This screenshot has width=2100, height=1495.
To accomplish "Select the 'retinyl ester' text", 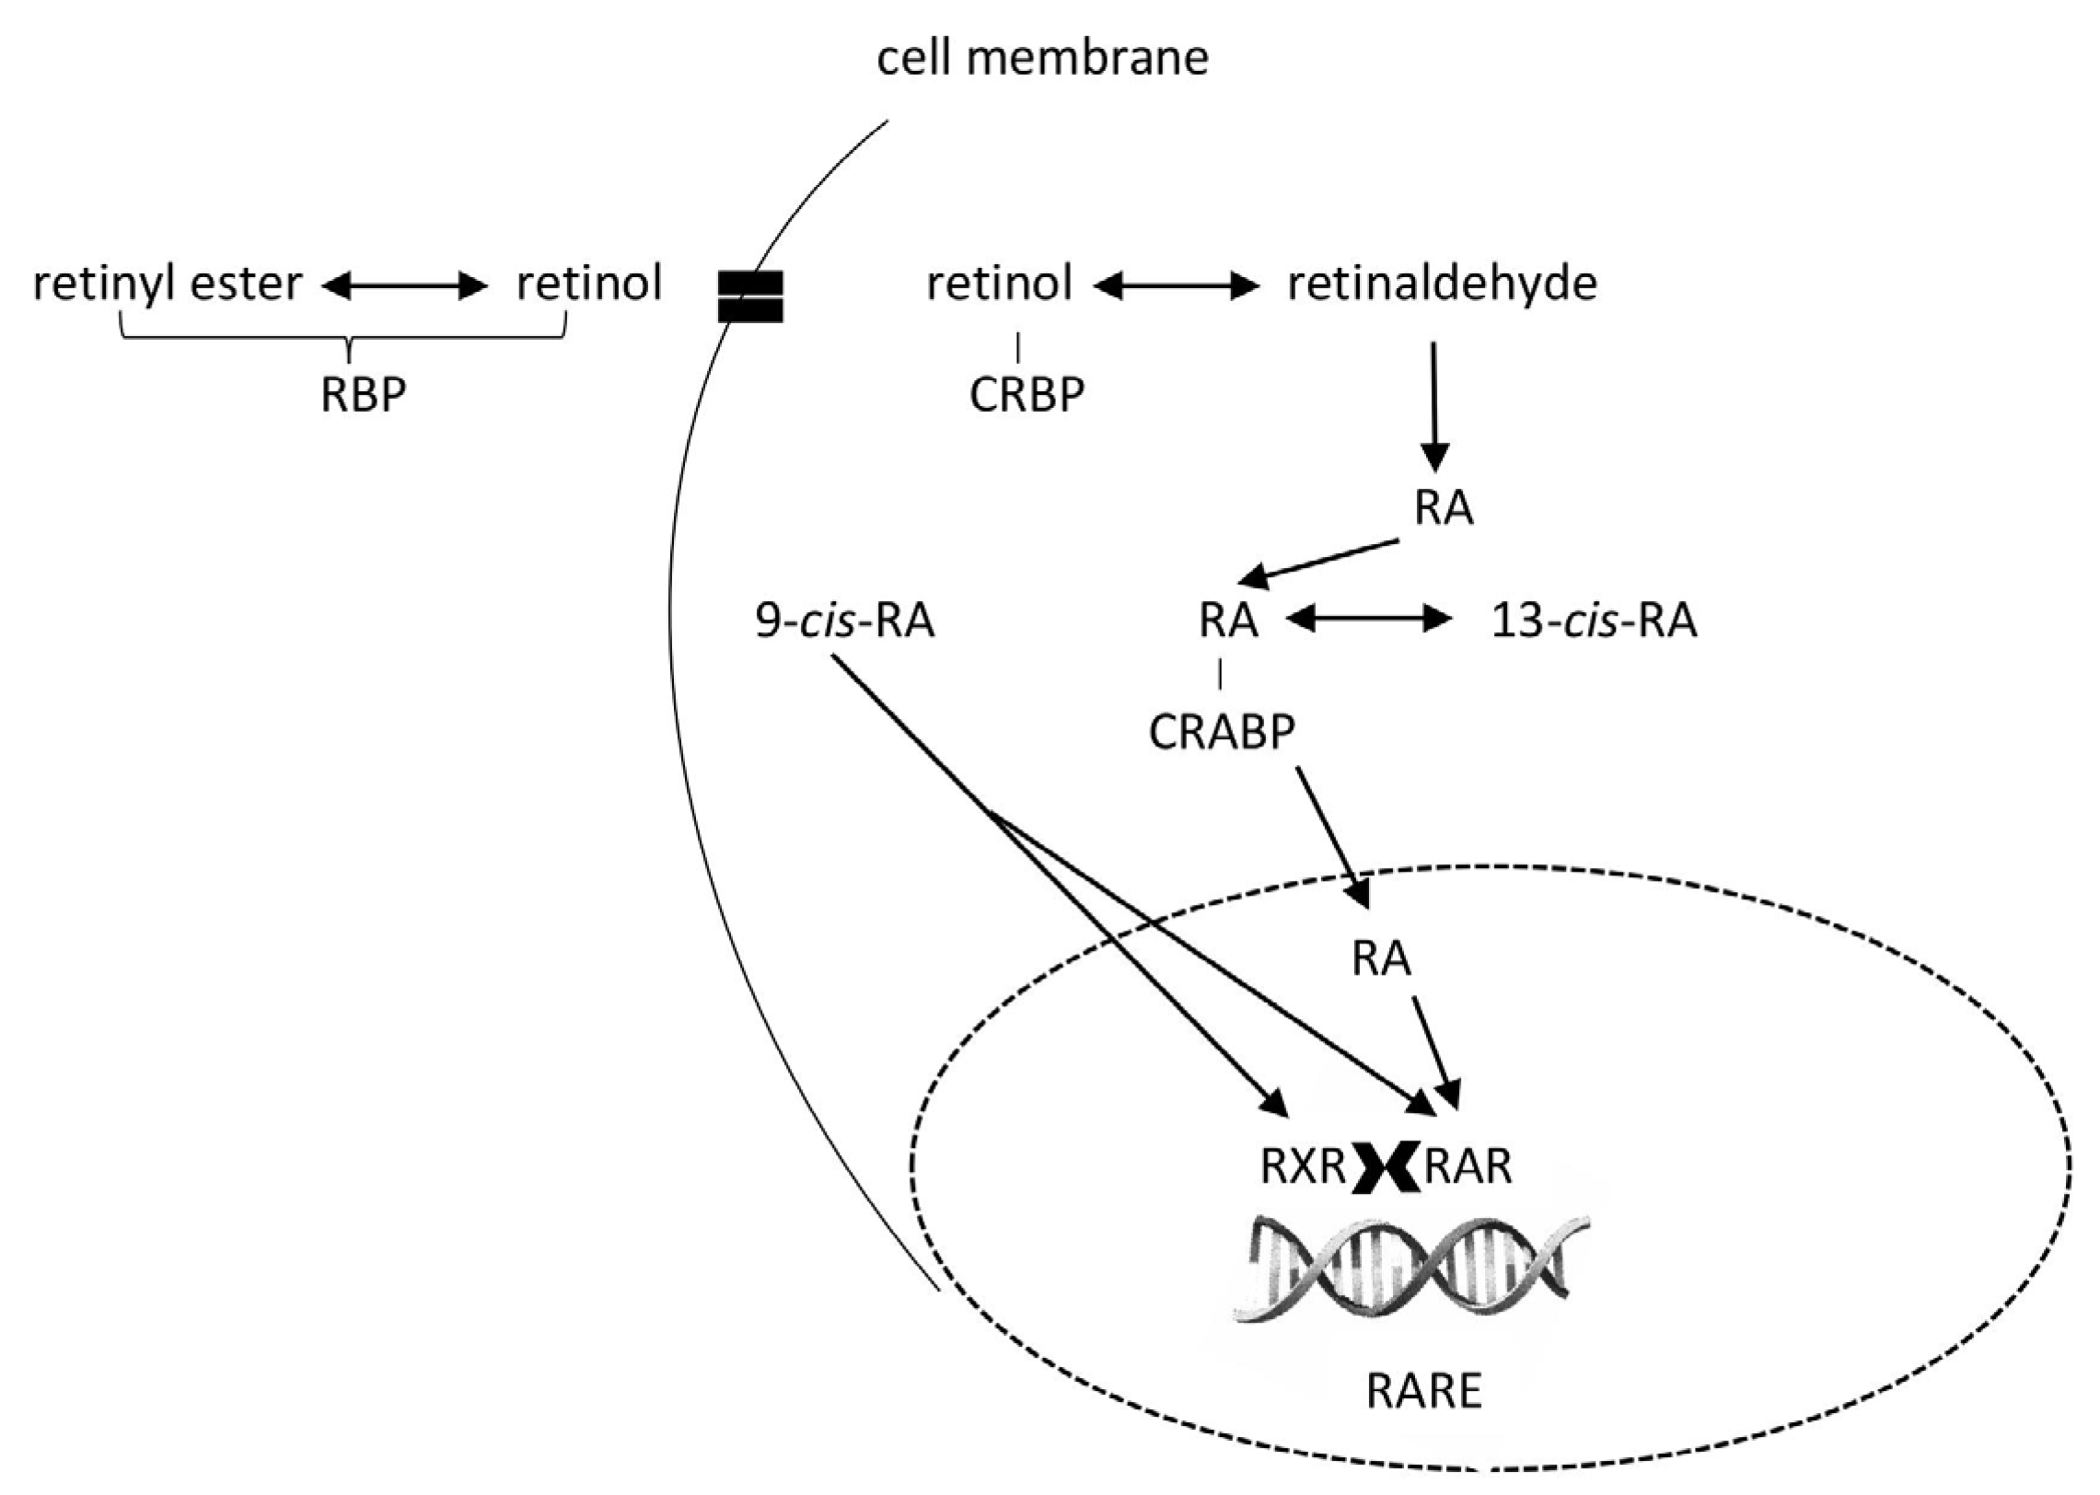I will (167, 284).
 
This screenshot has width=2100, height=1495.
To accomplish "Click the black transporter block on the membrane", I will (750, 296).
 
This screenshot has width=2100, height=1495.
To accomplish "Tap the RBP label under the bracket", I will (363, 395).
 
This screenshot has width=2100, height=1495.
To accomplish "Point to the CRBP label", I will (1027, 395).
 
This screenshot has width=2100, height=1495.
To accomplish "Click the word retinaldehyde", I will (1442, 284).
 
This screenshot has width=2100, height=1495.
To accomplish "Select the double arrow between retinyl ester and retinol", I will (404, 287).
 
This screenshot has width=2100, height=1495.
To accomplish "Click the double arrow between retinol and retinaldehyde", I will (1176, 287).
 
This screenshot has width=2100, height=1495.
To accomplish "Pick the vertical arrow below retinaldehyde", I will (1434, 405).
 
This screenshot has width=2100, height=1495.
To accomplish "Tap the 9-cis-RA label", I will (844, 621).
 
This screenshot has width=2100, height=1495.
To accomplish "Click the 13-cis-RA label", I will (1594, 621).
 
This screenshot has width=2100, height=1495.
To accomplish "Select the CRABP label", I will (1222, 733).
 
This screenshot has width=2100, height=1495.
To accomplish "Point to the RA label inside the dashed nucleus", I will (1381, 959).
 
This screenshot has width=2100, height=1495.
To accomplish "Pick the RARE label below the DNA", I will (1424, 1391).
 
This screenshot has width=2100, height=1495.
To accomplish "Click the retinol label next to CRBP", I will (999, 284).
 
